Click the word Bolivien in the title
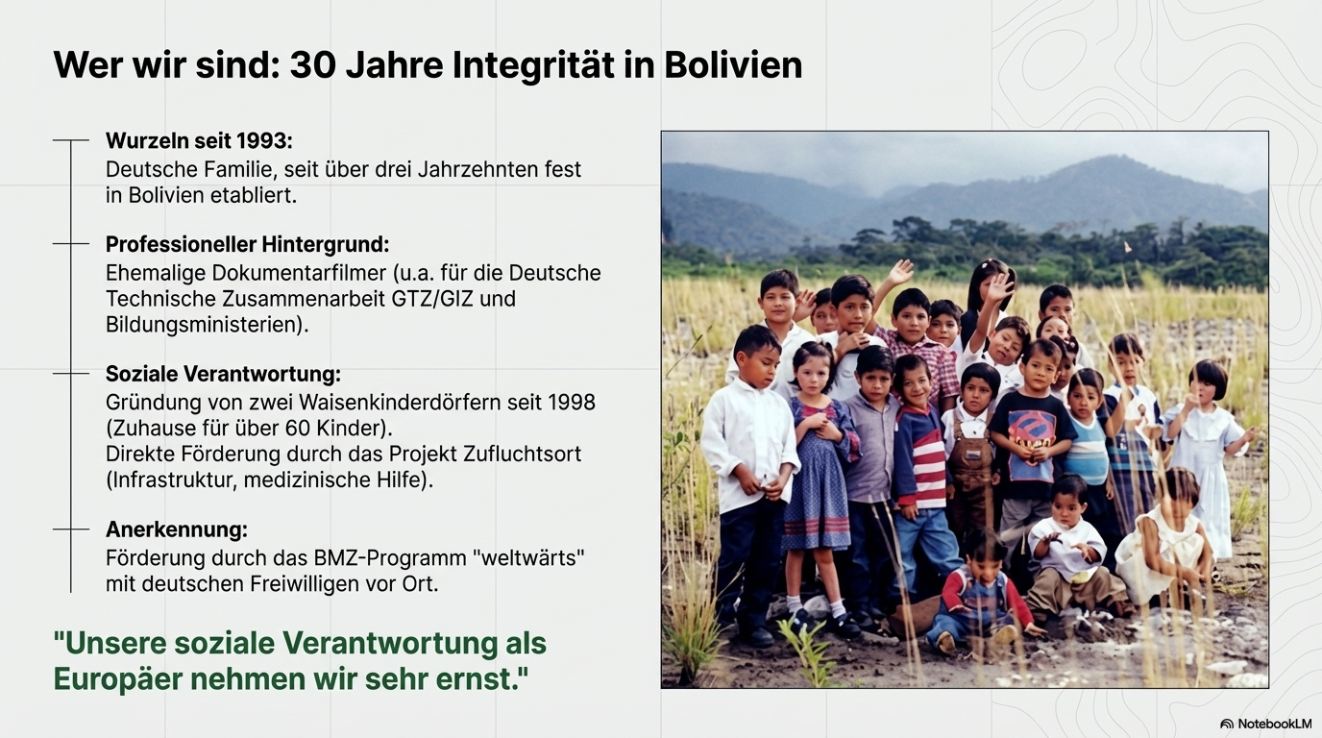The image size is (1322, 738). tap(733, 65)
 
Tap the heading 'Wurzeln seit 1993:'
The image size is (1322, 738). tap(199, 140)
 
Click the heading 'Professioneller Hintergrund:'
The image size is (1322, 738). tap(247, 244)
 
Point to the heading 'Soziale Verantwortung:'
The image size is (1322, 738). tap(223, 374)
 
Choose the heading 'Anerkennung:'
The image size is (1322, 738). tap(177, 529)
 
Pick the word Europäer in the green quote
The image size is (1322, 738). tap(118, 679)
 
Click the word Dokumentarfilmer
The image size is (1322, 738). tap(299, 273)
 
